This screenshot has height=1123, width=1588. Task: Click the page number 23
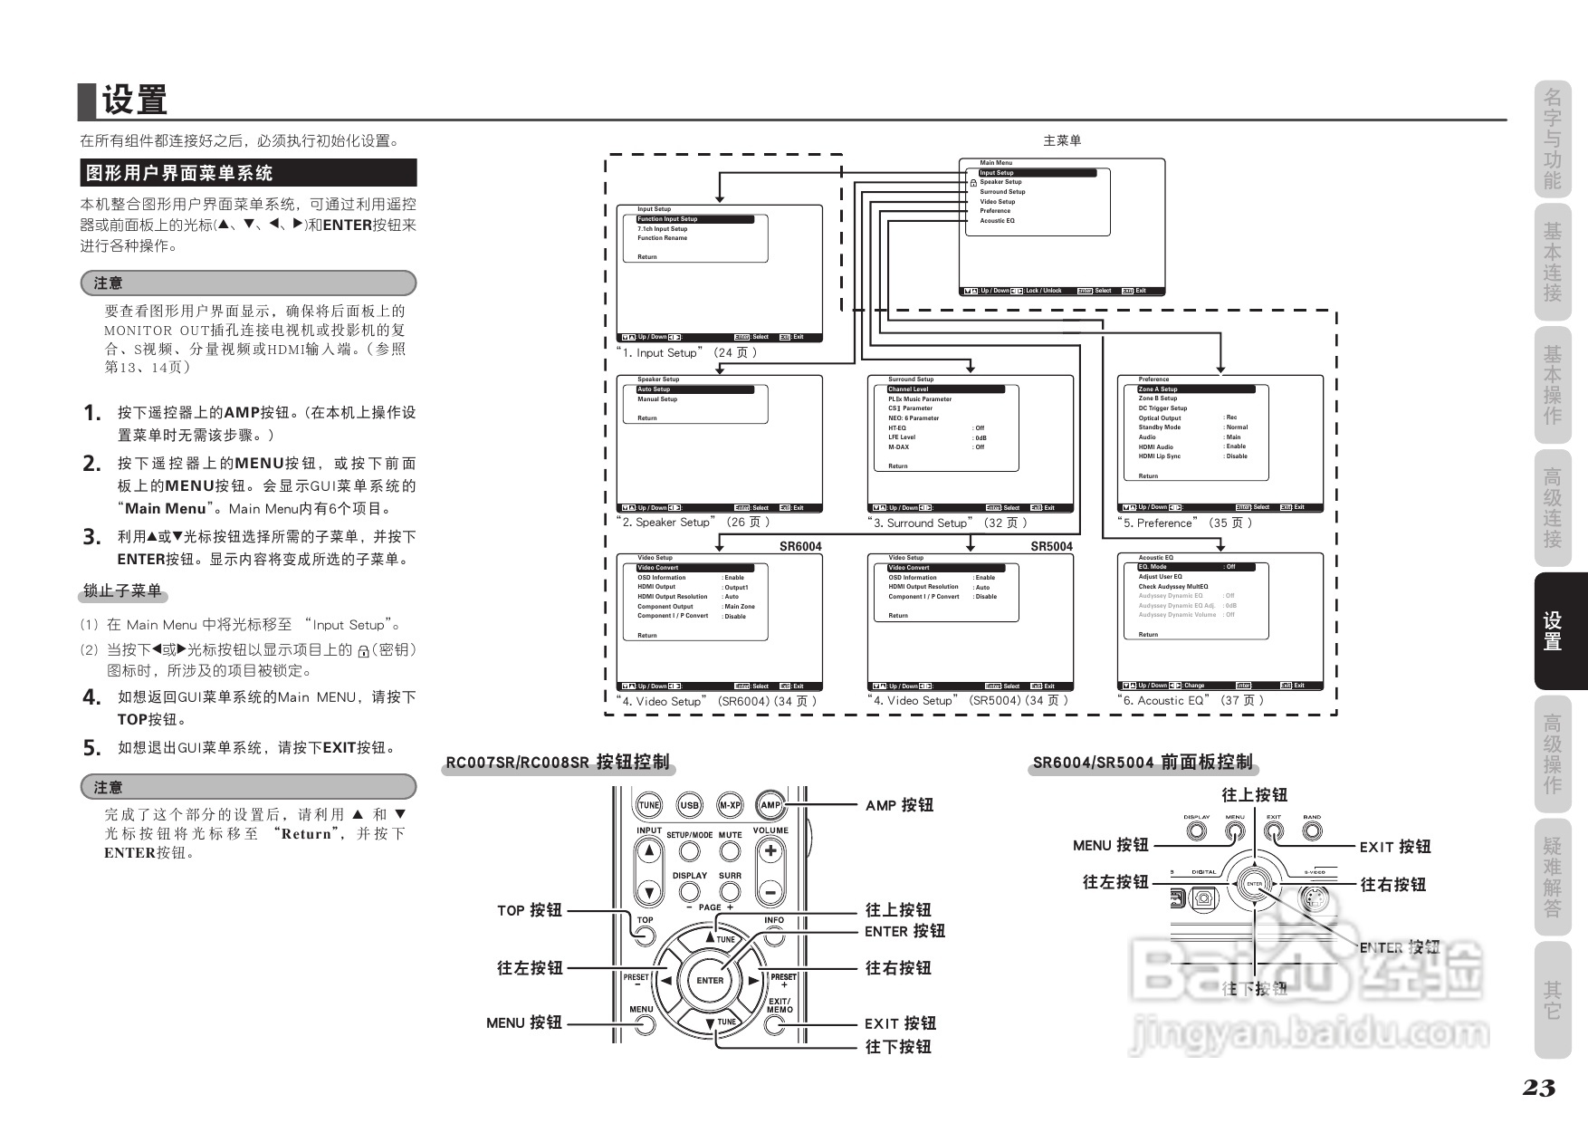pos(1538,1088)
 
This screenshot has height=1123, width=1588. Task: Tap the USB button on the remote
pos(690,805)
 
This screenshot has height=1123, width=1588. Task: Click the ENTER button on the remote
pos(710,980)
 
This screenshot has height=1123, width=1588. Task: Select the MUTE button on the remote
pos(730,851)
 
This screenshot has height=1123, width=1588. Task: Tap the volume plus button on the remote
pos(770,851)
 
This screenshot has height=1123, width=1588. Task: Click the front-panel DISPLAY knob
pos(1197,830)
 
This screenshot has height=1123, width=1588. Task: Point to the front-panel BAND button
pos(1312,830)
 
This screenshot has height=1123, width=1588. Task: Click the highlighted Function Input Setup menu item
pos(694,219)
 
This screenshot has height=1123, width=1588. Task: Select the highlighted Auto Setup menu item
pos(694,389)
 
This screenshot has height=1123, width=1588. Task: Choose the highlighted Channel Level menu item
pos(945,389)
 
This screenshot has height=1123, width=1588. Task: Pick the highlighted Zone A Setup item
pos(1195,389)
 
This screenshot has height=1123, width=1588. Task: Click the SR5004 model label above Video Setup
pos(1051,546)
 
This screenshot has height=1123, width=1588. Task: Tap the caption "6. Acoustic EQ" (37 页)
pos(1191,700)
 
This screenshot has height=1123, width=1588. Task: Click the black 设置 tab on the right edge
pos(1553,631)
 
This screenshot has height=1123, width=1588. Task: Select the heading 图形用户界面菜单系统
pos(247,173)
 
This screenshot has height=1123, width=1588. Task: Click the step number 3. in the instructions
pos(91,537)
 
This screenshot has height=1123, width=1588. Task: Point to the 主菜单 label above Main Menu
pos(1062,140)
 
